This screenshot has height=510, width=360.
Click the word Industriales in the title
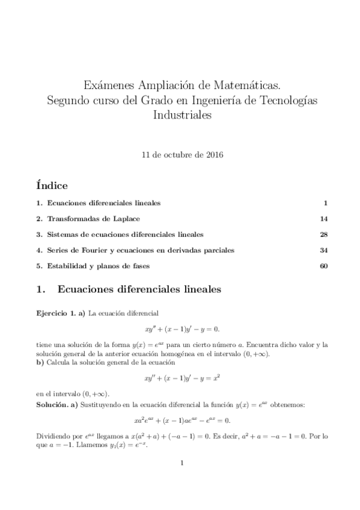(180, 116)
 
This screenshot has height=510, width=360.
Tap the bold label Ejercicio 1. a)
(61, 314)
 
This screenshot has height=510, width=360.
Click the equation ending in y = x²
(180, 379)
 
